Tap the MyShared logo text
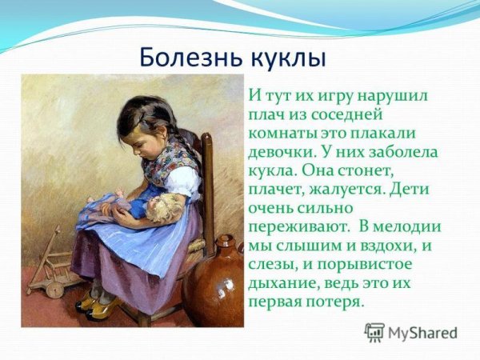[x=422, y=334]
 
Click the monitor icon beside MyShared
[x=374, y=332]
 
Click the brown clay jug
[x=214, y=284]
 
